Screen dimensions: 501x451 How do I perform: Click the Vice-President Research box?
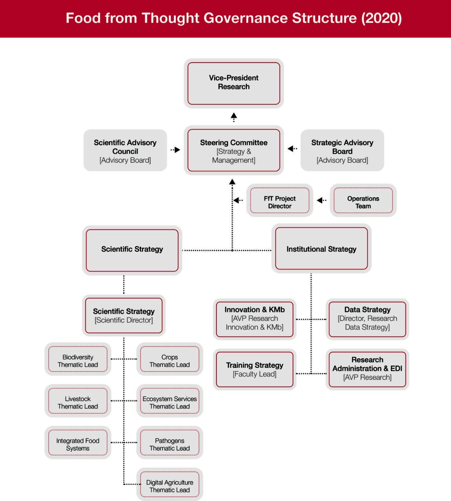pos(234,83)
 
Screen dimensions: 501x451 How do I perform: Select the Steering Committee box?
pos(234,151)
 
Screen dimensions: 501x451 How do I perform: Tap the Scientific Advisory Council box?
pos(125,151)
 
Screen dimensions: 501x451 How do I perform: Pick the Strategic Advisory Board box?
pos(342,151)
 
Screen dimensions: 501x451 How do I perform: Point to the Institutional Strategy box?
pos(321,249)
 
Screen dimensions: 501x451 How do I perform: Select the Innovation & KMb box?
pos(254,319)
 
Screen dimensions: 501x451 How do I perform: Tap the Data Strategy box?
pos(367,319)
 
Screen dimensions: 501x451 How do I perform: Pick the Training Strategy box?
pos(254,369)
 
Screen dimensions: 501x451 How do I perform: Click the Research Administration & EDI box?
pos(367,369)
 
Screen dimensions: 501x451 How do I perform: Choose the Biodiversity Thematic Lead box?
pos(78,360)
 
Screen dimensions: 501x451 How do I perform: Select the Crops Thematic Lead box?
pos(170,360)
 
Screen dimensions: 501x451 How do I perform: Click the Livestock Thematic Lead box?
pos(78,402)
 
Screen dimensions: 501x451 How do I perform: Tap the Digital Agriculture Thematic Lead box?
pos(170,486)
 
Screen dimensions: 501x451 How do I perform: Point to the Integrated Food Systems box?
pos(78,444)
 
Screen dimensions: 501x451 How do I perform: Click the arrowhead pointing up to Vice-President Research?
pos(234,115)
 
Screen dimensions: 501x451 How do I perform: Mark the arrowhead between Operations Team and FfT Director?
pos(320,200)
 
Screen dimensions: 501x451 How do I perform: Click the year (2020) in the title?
pos(381,18)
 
